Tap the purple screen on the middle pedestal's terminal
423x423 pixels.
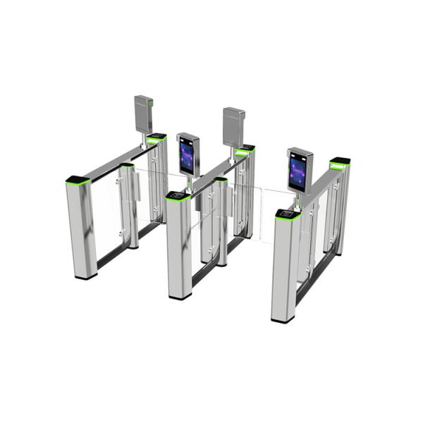188,154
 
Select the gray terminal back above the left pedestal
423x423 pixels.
144,114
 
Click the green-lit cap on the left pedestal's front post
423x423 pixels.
78,181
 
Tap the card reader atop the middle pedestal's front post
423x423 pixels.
177,195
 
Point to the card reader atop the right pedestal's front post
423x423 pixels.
286,213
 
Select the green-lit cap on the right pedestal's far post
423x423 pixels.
339,164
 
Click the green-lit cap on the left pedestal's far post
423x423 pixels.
157,137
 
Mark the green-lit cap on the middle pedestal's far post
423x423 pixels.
245,150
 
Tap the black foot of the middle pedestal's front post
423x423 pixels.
180,296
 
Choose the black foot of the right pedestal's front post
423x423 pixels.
283,319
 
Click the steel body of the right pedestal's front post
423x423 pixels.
283,268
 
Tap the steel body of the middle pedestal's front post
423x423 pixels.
179,247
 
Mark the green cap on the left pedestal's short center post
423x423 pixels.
127,166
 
